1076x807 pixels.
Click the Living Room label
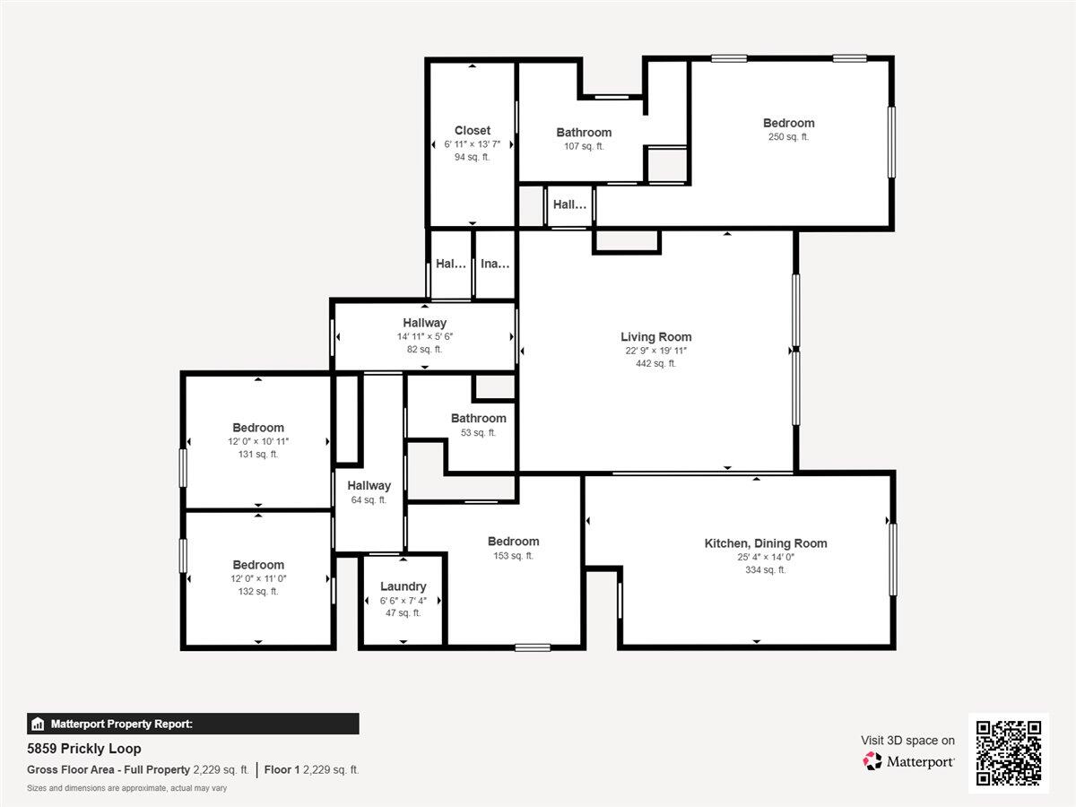(x=655, y=336)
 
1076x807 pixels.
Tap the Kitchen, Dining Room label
(x=766, y=542)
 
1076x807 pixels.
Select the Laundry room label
(x=403, y=586)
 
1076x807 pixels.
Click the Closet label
(x=472, y=130)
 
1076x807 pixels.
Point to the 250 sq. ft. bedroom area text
(x=788, y=136)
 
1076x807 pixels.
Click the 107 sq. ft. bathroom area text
(x=584, y=146)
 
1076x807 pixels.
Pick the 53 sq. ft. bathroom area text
(x=478, y=433)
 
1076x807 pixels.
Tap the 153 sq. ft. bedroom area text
(x=513, y=556)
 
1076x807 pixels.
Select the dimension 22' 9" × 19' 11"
(x=655, y=351)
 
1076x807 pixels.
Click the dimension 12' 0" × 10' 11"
(x=258, y=441)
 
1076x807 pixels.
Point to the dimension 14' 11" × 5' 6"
(x=424, y=336)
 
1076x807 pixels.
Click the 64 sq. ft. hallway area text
(x=369, y=499)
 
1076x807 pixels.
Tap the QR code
(x=1009, y=752)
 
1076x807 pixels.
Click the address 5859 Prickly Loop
(x=83, y=749)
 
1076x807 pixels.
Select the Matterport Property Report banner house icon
(x=38, y=724)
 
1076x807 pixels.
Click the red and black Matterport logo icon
(x=872, y=761)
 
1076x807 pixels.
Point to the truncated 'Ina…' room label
(x=495, y=264)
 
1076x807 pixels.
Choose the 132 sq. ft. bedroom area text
(x=258, y=592)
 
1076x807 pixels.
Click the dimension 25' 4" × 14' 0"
(x=766, y=557)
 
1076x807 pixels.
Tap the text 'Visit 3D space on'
(x=907, y=741)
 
